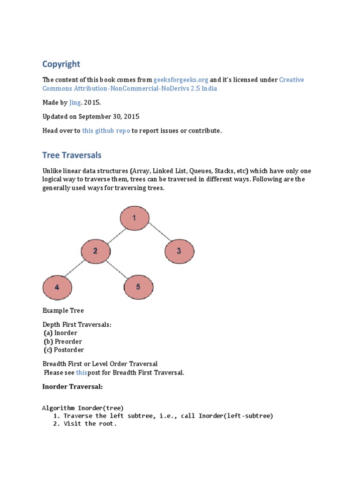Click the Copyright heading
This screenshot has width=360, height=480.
pyautogui.click(x=61, y=64)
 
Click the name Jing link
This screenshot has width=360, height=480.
pyautogui.click(x=75, y=102)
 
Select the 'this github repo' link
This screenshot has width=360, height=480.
pyautogui.click(x=105, y=131)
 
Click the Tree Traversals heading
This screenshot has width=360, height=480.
pyautogui.click(x=72, y=155)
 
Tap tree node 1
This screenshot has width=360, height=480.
pyautogui.click(x=135, y=218)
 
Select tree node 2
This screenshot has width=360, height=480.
pyautogui.click(x=96, y=251)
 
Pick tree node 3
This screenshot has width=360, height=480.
pyautogui.click(x=179, y=251)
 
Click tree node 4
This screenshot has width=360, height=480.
pyautogui.click(x=57, y=287)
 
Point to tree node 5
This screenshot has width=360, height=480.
pyautogui.click(x=138, y=287)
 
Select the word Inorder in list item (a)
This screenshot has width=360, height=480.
pyautogui.click(x=66, y=333)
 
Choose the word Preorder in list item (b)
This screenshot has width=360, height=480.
pyautogui.click(x=68, y=341)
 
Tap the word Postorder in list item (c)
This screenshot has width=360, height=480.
pyautogui.click(x=69, y=350)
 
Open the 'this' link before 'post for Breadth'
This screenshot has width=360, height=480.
pyautogui.click(x=82, y=373)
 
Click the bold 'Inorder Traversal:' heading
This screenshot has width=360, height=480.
pyautogui.click(x=72, y=387)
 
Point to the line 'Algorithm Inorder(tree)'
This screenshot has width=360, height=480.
pyautogui.click(x=83, y=408)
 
